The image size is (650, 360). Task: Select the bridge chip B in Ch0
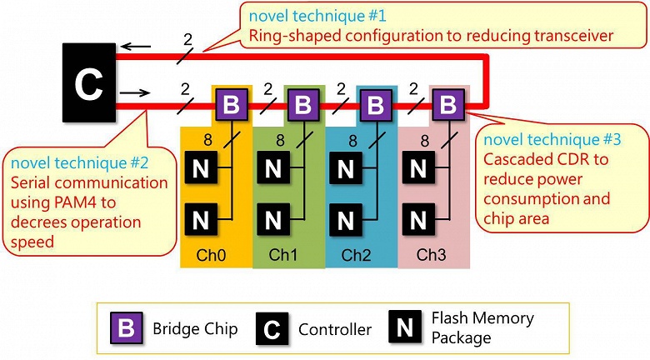pos(232,106)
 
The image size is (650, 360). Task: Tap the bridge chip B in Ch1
pos(303,106)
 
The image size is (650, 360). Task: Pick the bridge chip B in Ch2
pos(376,106)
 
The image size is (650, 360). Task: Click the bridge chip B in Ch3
pos(448,105)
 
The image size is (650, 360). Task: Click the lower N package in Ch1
pos(272,222)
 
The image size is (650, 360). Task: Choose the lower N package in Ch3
pos(417,222)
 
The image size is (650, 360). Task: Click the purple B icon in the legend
pos(126,328)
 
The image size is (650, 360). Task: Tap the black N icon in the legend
pos(404,328)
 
